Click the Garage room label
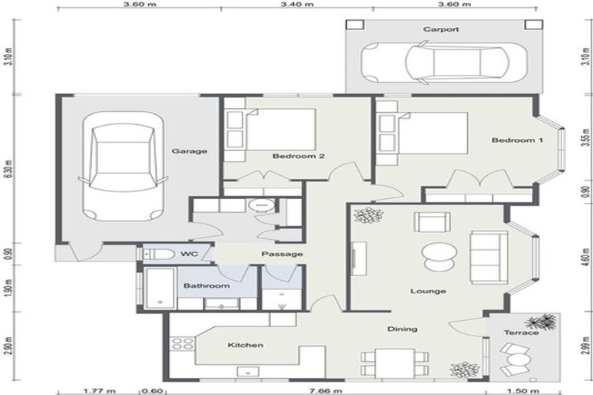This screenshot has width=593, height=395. click(x=189, y=151)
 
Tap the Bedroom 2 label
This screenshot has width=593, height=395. click(x=298, y=156)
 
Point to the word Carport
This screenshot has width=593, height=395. click(x=441, y=29)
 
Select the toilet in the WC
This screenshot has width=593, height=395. click(x=157, y=254)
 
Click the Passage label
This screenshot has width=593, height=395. click(x=281, y=254)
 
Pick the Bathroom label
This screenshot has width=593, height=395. click(x=206, y=286)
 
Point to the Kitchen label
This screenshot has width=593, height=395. click(x=246, y=345)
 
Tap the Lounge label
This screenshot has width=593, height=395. click(x=429, y=291)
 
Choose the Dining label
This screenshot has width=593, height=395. click(x=402, y=329)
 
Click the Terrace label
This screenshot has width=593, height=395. click(x=522, y=332)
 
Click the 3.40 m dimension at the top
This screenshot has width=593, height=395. click(x=298, y=5)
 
